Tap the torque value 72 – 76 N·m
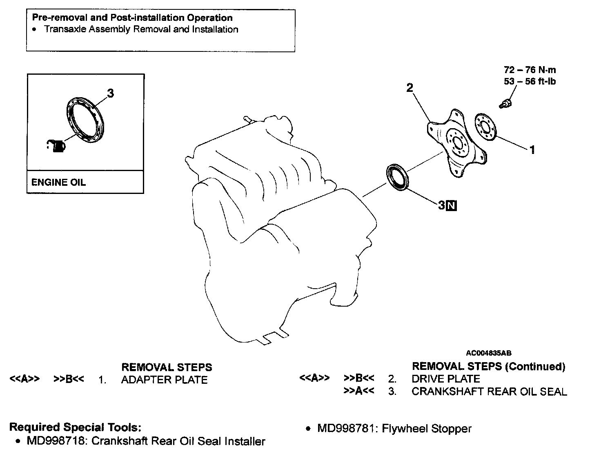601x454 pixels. click(530, 70)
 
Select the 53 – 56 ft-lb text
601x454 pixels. click(530, 81)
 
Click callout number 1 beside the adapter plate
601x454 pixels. click(532, 150)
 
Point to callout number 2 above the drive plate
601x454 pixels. click(410, 87)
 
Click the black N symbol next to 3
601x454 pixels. click(452, 206)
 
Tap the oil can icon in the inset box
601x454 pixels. click(57, 145)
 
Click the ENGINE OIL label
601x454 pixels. click(58, 182)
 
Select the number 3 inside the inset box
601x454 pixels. click(110, 93)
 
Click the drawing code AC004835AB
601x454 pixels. click(488, 353)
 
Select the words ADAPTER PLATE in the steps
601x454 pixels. click(164, 380)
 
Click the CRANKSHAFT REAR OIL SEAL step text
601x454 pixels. click(489, 392)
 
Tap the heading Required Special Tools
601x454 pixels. click(76, 427)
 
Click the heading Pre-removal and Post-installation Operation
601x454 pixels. click(132, 18)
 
